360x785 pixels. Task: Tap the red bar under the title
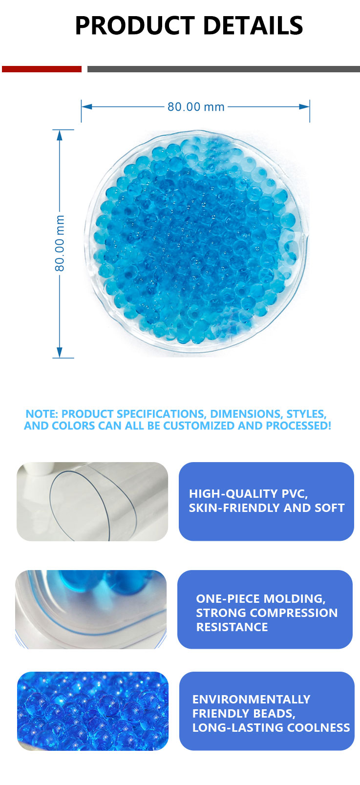[x=42, y=69]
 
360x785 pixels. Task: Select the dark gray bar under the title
[x=223, y=69]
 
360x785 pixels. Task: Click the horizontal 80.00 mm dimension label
[x=196, y=107]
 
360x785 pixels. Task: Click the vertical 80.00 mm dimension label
[x=60, y=243]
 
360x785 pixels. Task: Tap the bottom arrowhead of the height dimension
[x=60, y=353]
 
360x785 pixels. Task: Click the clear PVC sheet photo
[x=92, y=501]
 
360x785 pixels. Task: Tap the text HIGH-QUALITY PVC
[x=248, y=494]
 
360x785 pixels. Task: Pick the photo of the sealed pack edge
[x=91, y=609]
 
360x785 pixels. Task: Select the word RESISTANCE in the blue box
[x=232, y=627]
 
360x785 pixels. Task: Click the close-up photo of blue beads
[x=93, y=711]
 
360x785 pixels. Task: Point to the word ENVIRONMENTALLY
[x=251, y=700]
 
